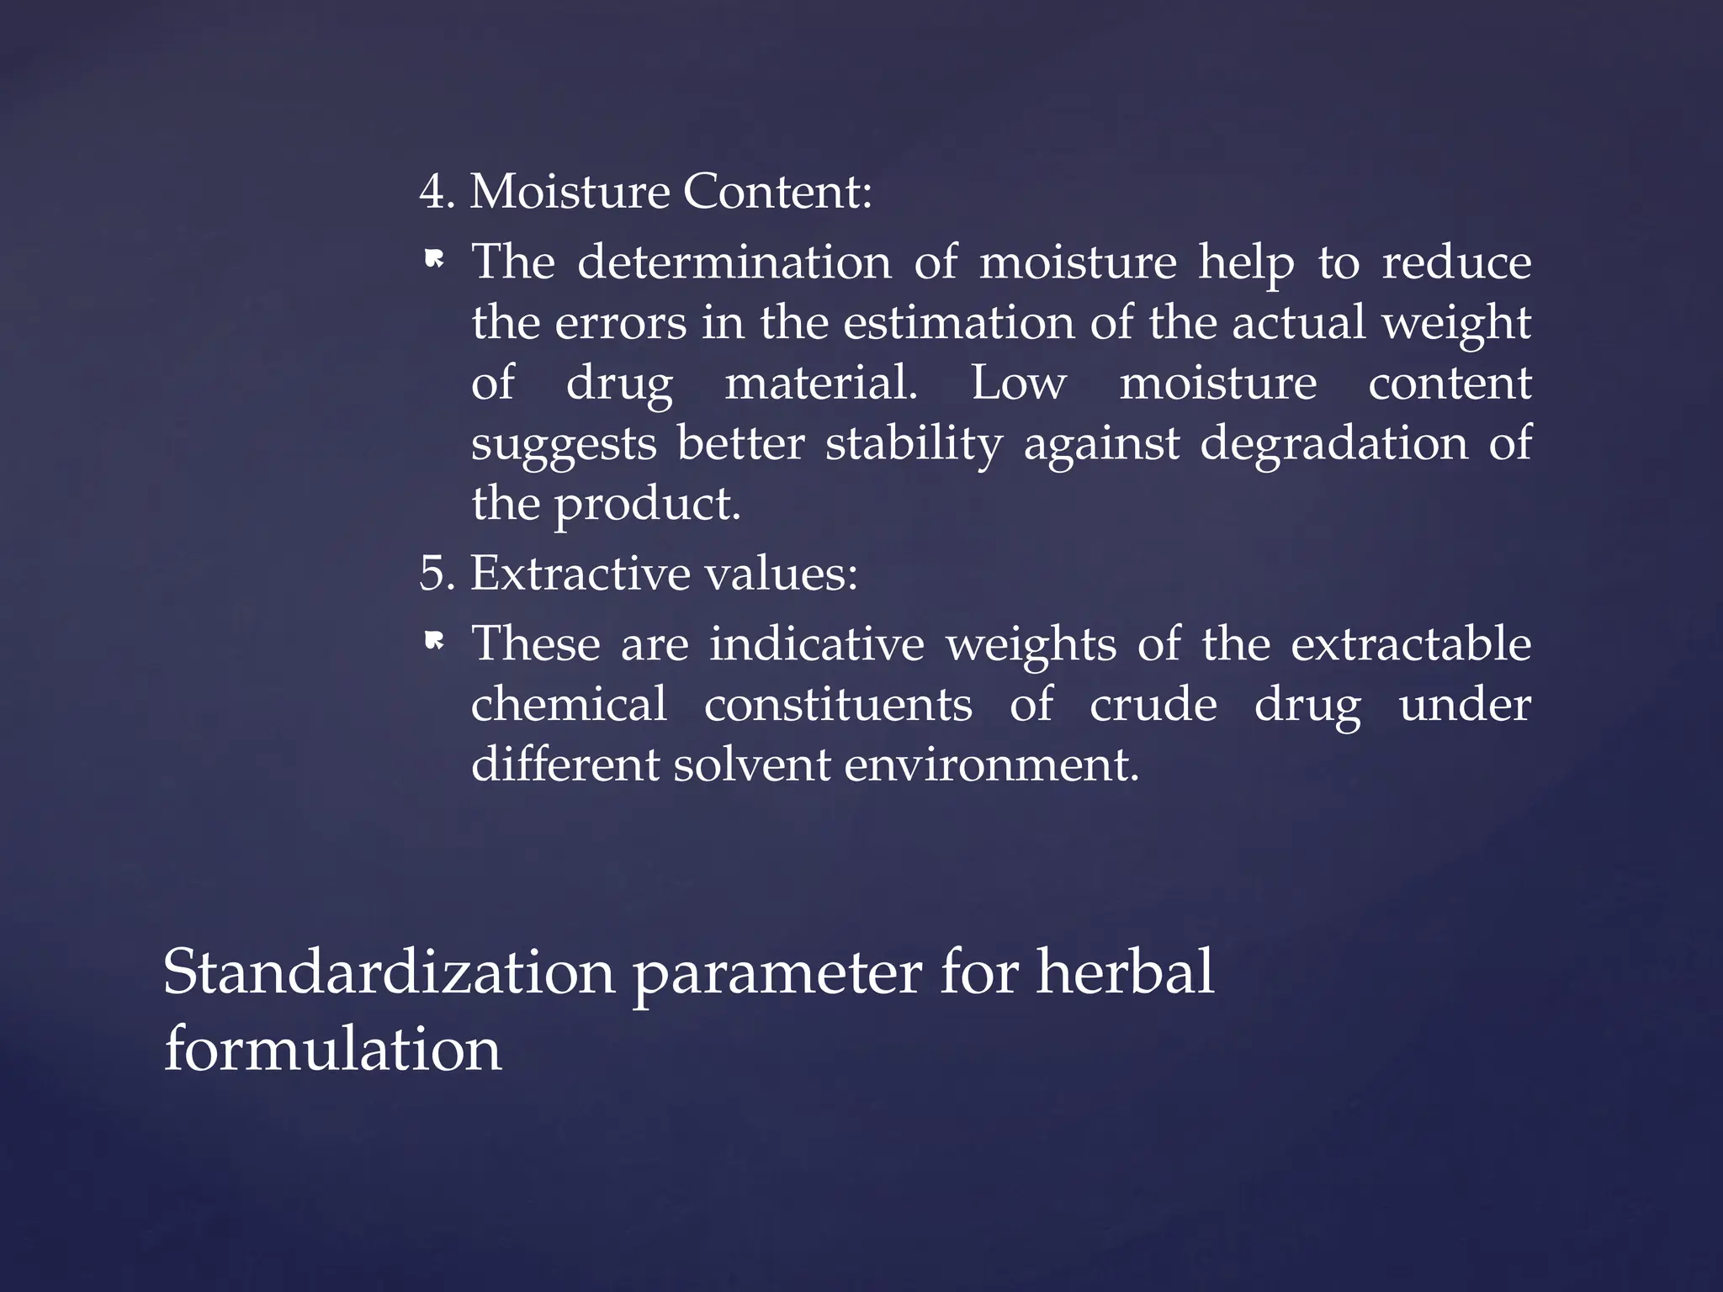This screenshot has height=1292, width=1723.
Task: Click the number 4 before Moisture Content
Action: coord(433,192)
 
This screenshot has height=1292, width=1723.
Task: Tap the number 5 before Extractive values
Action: coord(432,574)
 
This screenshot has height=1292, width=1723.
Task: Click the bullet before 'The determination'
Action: coord(434,262)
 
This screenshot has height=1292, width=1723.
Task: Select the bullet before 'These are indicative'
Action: coord(434,643)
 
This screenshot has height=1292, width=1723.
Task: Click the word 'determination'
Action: coord(734,262)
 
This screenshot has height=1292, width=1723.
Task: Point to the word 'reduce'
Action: coord(1456,262)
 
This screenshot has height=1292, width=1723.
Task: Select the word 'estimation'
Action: coord(958,323)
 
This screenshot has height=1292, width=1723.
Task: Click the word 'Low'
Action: coord(1018,384)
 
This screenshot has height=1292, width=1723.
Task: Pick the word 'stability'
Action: coord(914,444)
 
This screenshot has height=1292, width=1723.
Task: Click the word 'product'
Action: coord(646,505)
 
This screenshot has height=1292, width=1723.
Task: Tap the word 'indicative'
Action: coord(816,643)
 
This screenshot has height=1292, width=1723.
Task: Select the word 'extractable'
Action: coord(1410,643)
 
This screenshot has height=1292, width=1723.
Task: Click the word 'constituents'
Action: coord(838,704)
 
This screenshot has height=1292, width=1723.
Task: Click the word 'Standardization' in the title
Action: coord(389,972)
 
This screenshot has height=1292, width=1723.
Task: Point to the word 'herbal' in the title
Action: coord(1125,972)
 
